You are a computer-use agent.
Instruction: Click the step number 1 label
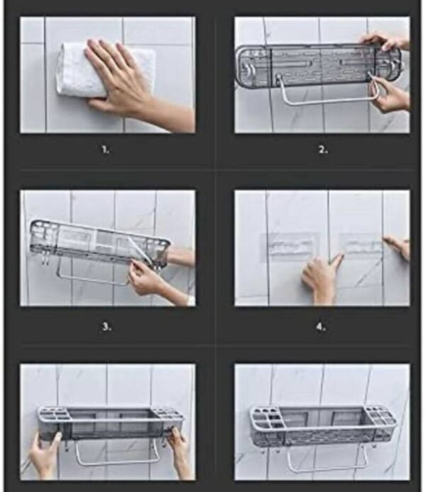[106, 150]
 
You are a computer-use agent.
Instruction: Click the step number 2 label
[323, 150]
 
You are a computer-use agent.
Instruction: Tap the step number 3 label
[106, 327]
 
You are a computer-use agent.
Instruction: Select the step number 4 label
[321, 327]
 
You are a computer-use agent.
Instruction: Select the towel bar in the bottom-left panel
[116, 462]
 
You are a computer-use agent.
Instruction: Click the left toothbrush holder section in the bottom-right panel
[265, 419]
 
